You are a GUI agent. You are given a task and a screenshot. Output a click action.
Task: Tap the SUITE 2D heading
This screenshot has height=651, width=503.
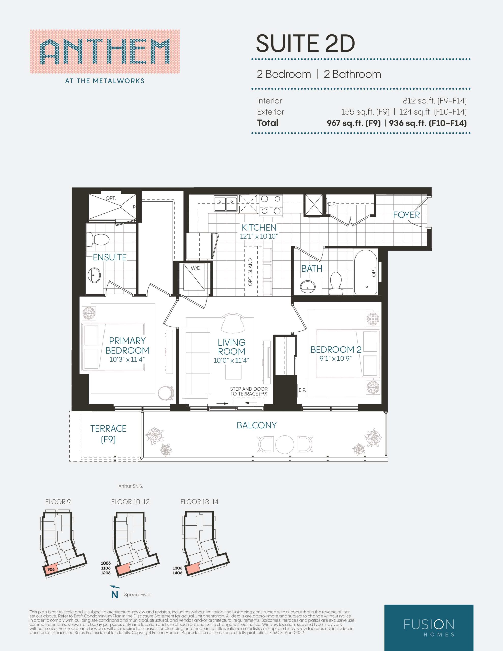[x=305, y=43]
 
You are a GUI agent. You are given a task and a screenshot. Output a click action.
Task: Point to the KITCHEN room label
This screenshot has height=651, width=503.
[x=259, y=227]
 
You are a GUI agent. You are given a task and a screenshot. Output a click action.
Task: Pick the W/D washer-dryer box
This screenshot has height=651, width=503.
[x=196, y=277]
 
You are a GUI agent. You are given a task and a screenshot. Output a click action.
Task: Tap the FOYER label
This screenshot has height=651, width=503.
[x=406, y=215]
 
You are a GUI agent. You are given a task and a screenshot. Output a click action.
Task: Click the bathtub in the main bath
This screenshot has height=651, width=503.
[x=366, y=272]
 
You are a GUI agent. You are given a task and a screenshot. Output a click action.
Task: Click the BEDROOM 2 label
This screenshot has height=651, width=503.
[x=336, y=349]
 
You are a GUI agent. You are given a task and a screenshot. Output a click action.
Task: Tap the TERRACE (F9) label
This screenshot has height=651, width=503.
[x=108, y=434]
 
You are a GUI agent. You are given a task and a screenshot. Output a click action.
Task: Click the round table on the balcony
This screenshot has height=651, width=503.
[x=285, y=445]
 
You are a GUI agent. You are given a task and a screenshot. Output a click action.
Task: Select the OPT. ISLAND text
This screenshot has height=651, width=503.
[x=250, y=272]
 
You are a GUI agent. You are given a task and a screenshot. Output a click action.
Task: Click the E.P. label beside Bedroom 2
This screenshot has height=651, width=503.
[x=302, y=390]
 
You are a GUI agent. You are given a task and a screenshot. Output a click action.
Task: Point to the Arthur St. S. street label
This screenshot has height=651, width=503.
[x=131, y=486]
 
